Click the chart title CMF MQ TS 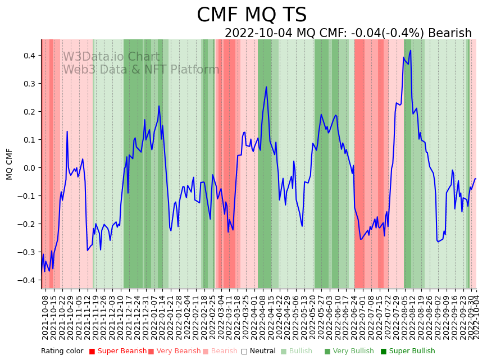[252, 15]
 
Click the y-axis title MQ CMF [10, 164]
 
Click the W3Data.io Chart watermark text [111, 57]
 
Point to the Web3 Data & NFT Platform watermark [141, 70]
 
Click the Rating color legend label [62, 352]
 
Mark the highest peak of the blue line [411, 51]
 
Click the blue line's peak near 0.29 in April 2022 [266, 87]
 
